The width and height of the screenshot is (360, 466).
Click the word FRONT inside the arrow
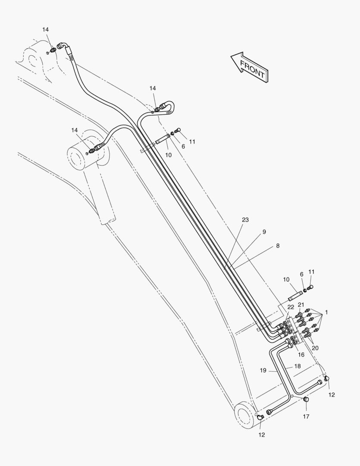[x=252, y=69]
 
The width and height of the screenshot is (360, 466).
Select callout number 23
[x=245, y=220]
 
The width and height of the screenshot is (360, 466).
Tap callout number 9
[x=264, y=232]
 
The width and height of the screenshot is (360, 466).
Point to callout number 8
[x=278, y=246]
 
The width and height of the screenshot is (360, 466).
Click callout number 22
[x=291, y=307]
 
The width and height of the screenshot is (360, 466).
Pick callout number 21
[x=301, y=305]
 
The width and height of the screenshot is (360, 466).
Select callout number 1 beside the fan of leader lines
[x=326, y=312]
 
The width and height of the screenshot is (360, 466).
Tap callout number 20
[x=315, y=348]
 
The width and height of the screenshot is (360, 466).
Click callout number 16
[x=301, y=355]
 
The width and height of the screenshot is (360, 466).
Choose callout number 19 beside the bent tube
[x=263, y=370]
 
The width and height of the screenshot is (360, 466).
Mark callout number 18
[x=297, y=366]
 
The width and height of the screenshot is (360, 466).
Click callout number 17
[x=306, y=417]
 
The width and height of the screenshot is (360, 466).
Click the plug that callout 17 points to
[x=306, y=399]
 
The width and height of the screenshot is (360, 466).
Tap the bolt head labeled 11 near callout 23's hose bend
[x=178, y=129]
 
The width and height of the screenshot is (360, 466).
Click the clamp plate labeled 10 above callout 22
[x=295, y=296]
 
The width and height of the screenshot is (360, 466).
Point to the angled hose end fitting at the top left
[x=63, y=46]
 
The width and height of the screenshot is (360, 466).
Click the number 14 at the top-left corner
[x=45, y=29]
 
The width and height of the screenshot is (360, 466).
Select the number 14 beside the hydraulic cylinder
[x=74, y=130]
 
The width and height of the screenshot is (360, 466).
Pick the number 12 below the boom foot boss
[x=261, y=435]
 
